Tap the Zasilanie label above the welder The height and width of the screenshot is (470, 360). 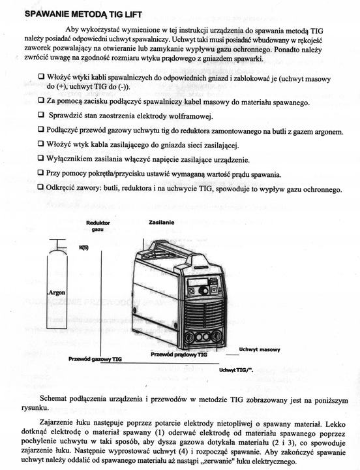(x=161, y=223)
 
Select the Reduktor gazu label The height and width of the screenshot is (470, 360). (x=98, y=226)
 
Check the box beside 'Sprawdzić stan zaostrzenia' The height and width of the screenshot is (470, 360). (x=41, y=116)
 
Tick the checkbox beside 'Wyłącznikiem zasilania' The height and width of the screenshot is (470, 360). (x=41, y=159)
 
